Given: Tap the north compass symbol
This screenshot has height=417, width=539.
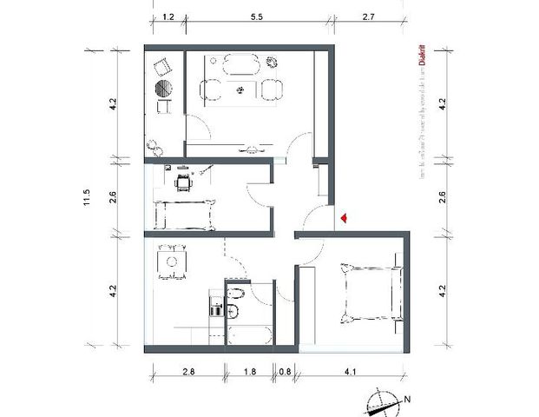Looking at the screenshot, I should tap(381, 401).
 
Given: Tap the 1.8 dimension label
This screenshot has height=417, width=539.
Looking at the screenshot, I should tap(249, 372).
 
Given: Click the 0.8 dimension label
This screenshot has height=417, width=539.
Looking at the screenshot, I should tap(285, 372).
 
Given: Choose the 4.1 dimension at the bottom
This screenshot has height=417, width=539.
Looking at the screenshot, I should tap(350, 372).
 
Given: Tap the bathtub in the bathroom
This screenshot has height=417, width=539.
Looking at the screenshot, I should tap(248, 337).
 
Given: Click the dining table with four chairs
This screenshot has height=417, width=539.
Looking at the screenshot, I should tap(171, 261).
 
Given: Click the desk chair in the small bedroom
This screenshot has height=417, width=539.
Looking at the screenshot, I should tap(183, 182).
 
